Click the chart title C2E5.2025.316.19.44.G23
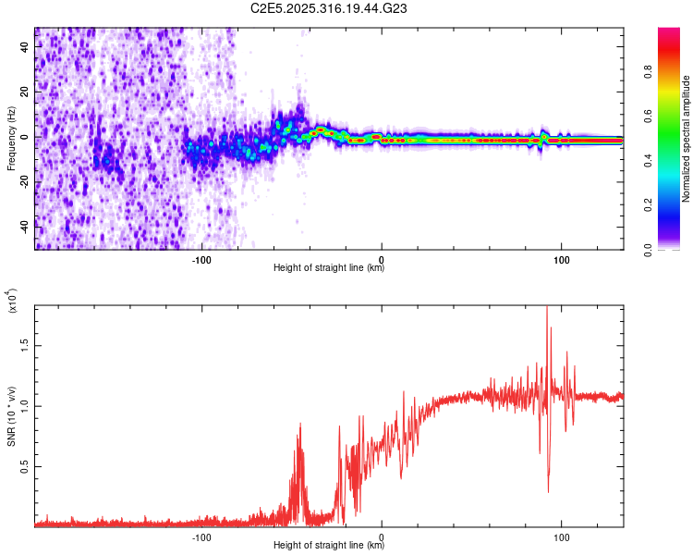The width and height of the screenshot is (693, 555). (330, 9)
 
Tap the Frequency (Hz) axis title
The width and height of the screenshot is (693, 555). (11, 138)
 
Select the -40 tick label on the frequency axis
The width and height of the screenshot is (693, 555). (26, 227)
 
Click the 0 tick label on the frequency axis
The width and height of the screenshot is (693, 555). (26, 137)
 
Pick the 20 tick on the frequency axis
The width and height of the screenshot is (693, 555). (26, 92)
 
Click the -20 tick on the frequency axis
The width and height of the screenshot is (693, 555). (26, 182)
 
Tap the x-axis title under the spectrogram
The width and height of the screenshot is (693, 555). (329, 268)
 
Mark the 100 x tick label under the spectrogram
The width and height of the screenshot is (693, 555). (561, 258)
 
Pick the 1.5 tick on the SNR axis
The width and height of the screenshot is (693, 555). (24, 343)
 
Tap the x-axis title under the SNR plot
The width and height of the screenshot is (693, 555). (329, 546)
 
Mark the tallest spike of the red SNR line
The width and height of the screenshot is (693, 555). (547, 308)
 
